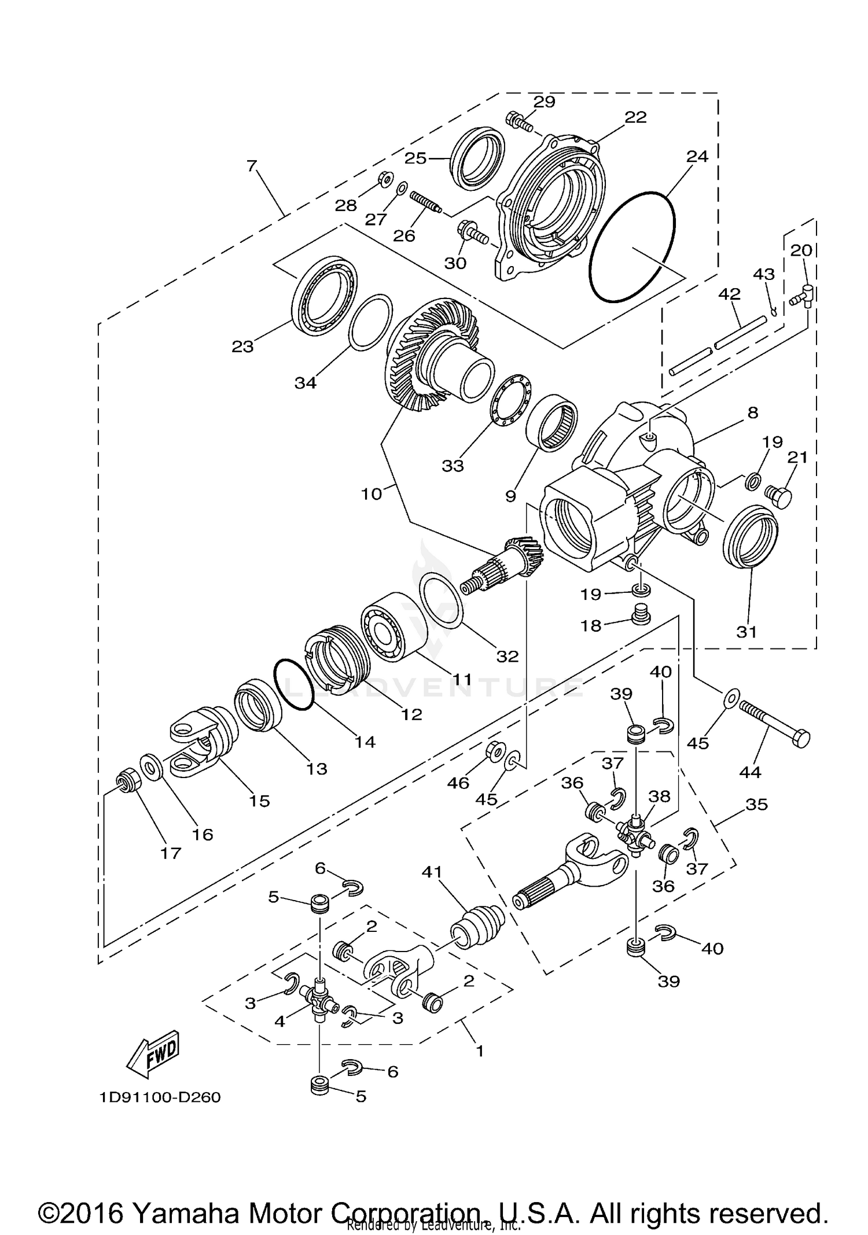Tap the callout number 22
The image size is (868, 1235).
click(x=635, y=117)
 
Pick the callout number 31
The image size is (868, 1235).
click(x=746, y=632)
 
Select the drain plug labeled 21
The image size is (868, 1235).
click(x=778, y=496)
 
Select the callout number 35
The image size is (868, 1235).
click(x=756, y=804)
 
